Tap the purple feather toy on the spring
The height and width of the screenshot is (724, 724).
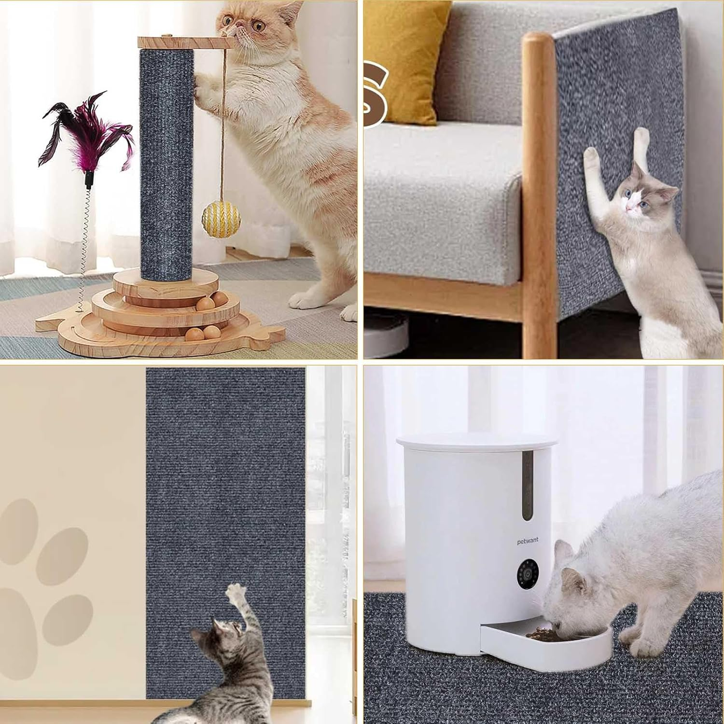click(87, 135)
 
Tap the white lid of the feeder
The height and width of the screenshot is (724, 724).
click(477, 442)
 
